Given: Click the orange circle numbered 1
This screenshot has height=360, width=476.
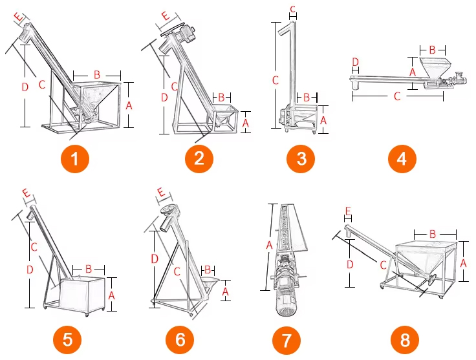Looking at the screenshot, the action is point(74,158).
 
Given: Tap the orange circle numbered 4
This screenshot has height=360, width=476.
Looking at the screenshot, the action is point(402,158).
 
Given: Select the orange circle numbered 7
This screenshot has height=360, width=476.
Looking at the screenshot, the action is point(287,340).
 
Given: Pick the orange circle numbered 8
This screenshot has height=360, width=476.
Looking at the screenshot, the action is point(405,340).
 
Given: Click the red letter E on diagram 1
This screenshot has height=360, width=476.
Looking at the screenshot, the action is point(19,17).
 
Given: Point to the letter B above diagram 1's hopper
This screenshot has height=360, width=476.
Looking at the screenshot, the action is point(97,74).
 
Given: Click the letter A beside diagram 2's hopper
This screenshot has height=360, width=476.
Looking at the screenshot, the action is point(246,123).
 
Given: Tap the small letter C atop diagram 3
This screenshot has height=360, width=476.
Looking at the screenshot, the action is point(292,10).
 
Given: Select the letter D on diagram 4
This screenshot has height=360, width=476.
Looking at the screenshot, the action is point(355,62).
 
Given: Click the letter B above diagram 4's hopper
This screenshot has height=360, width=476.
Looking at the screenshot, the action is point(432,49).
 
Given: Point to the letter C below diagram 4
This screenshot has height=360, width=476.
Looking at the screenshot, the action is point(397,96).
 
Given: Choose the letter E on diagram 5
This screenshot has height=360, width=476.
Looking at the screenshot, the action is point(27,193).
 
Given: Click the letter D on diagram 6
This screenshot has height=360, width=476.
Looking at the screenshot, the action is point(155,259).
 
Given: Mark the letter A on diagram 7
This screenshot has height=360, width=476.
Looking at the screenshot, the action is point(269,245).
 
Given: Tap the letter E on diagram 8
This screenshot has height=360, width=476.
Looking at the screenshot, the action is point(348,211).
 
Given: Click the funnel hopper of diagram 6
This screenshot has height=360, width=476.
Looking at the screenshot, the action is point(210,283).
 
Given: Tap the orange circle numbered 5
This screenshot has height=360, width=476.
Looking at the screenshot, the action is point(67,340).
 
